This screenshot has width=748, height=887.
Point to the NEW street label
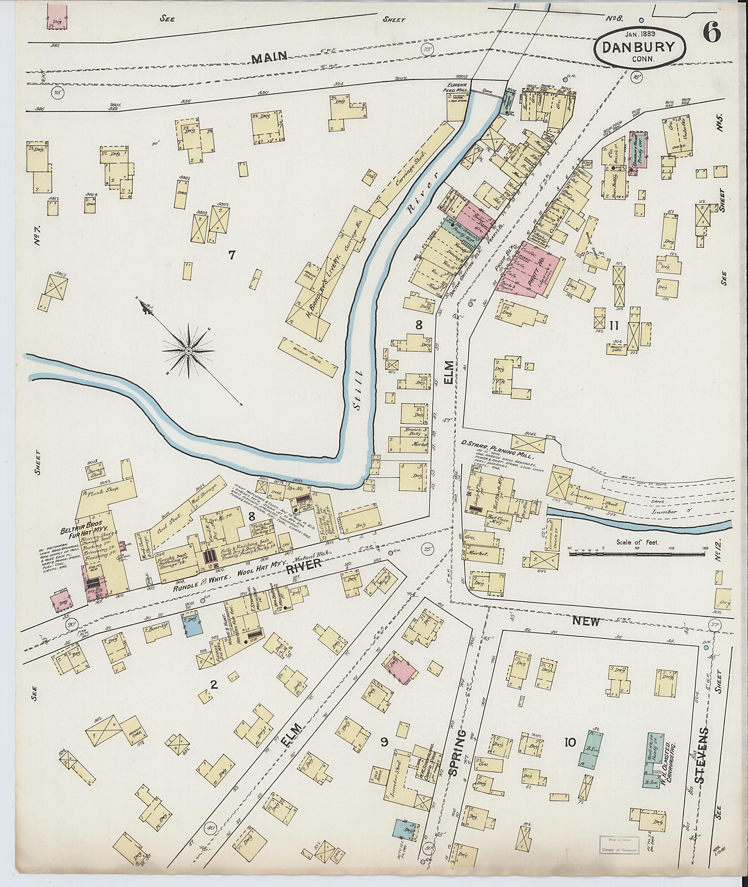[x=585, y=622]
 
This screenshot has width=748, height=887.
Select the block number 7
[x=232, y=255]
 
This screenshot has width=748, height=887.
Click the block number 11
[x=613, y=326]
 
